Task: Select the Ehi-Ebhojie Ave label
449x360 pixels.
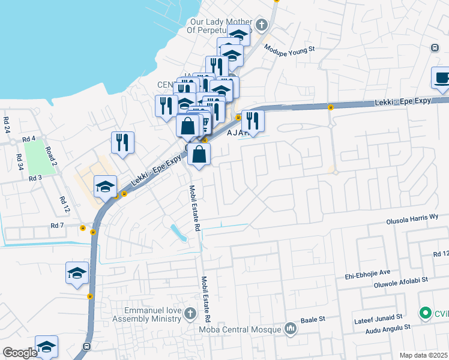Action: tap(367, 271)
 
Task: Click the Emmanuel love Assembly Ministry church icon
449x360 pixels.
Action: tap(190, 313)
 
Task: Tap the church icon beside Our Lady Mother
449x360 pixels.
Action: tap(261, 25)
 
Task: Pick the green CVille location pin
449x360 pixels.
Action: tap(425, 313)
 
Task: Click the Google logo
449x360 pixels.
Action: tap(20, 352)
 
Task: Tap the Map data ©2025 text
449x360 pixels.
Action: tap(423, 355)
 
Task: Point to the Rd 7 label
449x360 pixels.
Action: tap(58, 226)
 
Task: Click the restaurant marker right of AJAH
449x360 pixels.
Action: tap(253, 121)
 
